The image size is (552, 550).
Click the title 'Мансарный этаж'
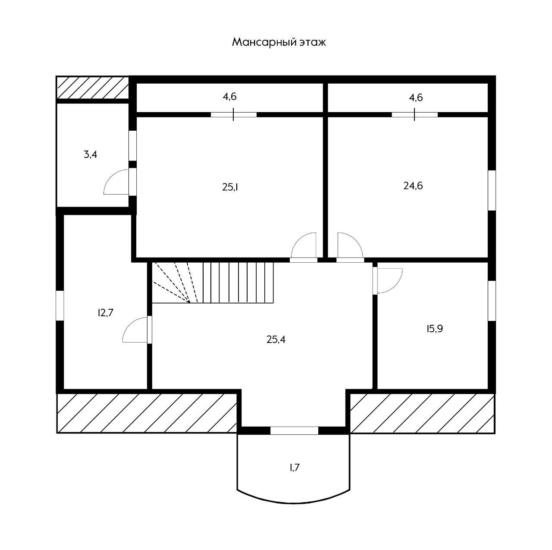pos(279,42)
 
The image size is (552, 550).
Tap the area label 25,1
pos(230,187)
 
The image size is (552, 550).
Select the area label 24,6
pos(413,186)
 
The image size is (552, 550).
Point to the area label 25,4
pos(276,339)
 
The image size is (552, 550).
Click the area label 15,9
pos(435,329)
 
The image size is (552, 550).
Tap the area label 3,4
pos(90,154)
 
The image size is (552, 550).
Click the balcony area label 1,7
pos(295,467)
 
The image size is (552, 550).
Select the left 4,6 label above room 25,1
pos(229,97)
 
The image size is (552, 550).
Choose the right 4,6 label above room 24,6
pos(416,97)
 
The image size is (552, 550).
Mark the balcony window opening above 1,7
pos(294,430)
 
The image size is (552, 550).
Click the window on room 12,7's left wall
pos(60,305)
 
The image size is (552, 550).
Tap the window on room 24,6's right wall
pos(492,190)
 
